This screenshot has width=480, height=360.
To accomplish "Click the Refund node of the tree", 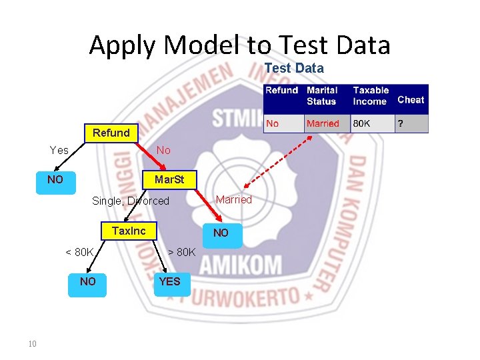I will pyautogui.click(x=111, y=133).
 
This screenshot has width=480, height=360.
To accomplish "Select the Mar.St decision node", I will pyautogui.click(x=169, y=180).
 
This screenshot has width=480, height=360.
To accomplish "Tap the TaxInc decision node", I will pyautogui.click(x=129, y=231).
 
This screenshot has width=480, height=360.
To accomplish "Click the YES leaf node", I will pyautogui.click(x=169, y=282).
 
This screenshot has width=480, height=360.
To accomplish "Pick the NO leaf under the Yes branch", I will pyautogui.click(x=55, y=180).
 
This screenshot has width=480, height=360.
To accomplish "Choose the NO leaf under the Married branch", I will pyautogui.click(x=221, y=233).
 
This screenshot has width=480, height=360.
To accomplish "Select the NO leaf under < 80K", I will pyautogui.click(x=87, y=282).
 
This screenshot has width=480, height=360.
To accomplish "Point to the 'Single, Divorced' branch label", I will pyautogui.click(x=131, y=201).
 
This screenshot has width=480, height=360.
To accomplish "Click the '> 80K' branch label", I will pyautogui.click(x=181, y=252).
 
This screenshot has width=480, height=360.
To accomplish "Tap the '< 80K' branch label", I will pyautogui.click(x=79, y=252).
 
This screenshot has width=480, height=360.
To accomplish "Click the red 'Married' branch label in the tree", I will pyautogui.click(x=234, y=199).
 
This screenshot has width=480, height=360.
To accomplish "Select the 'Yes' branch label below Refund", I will pyautogui.click(x=59, y=150).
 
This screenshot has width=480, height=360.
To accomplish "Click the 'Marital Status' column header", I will pyautogui.click(x=322, y=95).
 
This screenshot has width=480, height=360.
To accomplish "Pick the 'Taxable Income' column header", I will pyautogui.click(x=371, y=95).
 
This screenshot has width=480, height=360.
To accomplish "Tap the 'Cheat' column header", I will pyautogui.click(x=411, y=99).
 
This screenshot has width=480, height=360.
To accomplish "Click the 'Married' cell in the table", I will pyautogui.click(x=323, y=123).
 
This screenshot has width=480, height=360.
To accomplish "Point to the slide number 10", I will pyautogui.click(x=32, y=344).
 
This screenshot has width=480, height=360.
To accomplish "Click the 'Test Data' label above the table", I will pyautogui.click(x=294, y=68).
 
